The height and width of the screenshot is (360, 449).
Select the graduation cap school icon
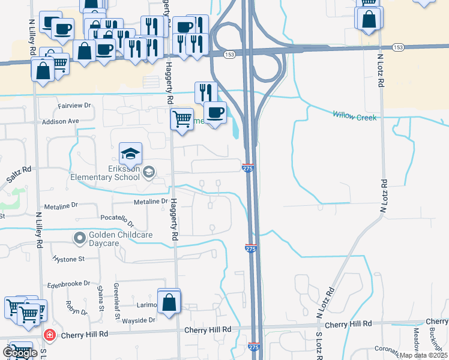(130, 154)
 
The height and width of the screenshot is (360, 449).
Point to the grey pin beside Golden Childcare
(79, 239)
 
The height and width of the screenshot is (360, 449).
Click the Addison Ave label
(61, 121)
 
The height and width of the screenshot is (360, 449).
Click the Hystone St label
(69, 259)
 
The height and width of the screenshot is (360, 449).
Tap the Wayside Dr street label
(139, 320)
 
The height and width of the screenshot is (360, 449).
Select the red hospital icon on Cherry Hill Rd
(50, 335)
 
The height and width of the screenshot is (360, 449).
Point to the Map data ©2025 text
(424, 355)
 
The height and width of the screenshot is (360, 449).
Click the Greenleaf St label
(118, 309)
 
